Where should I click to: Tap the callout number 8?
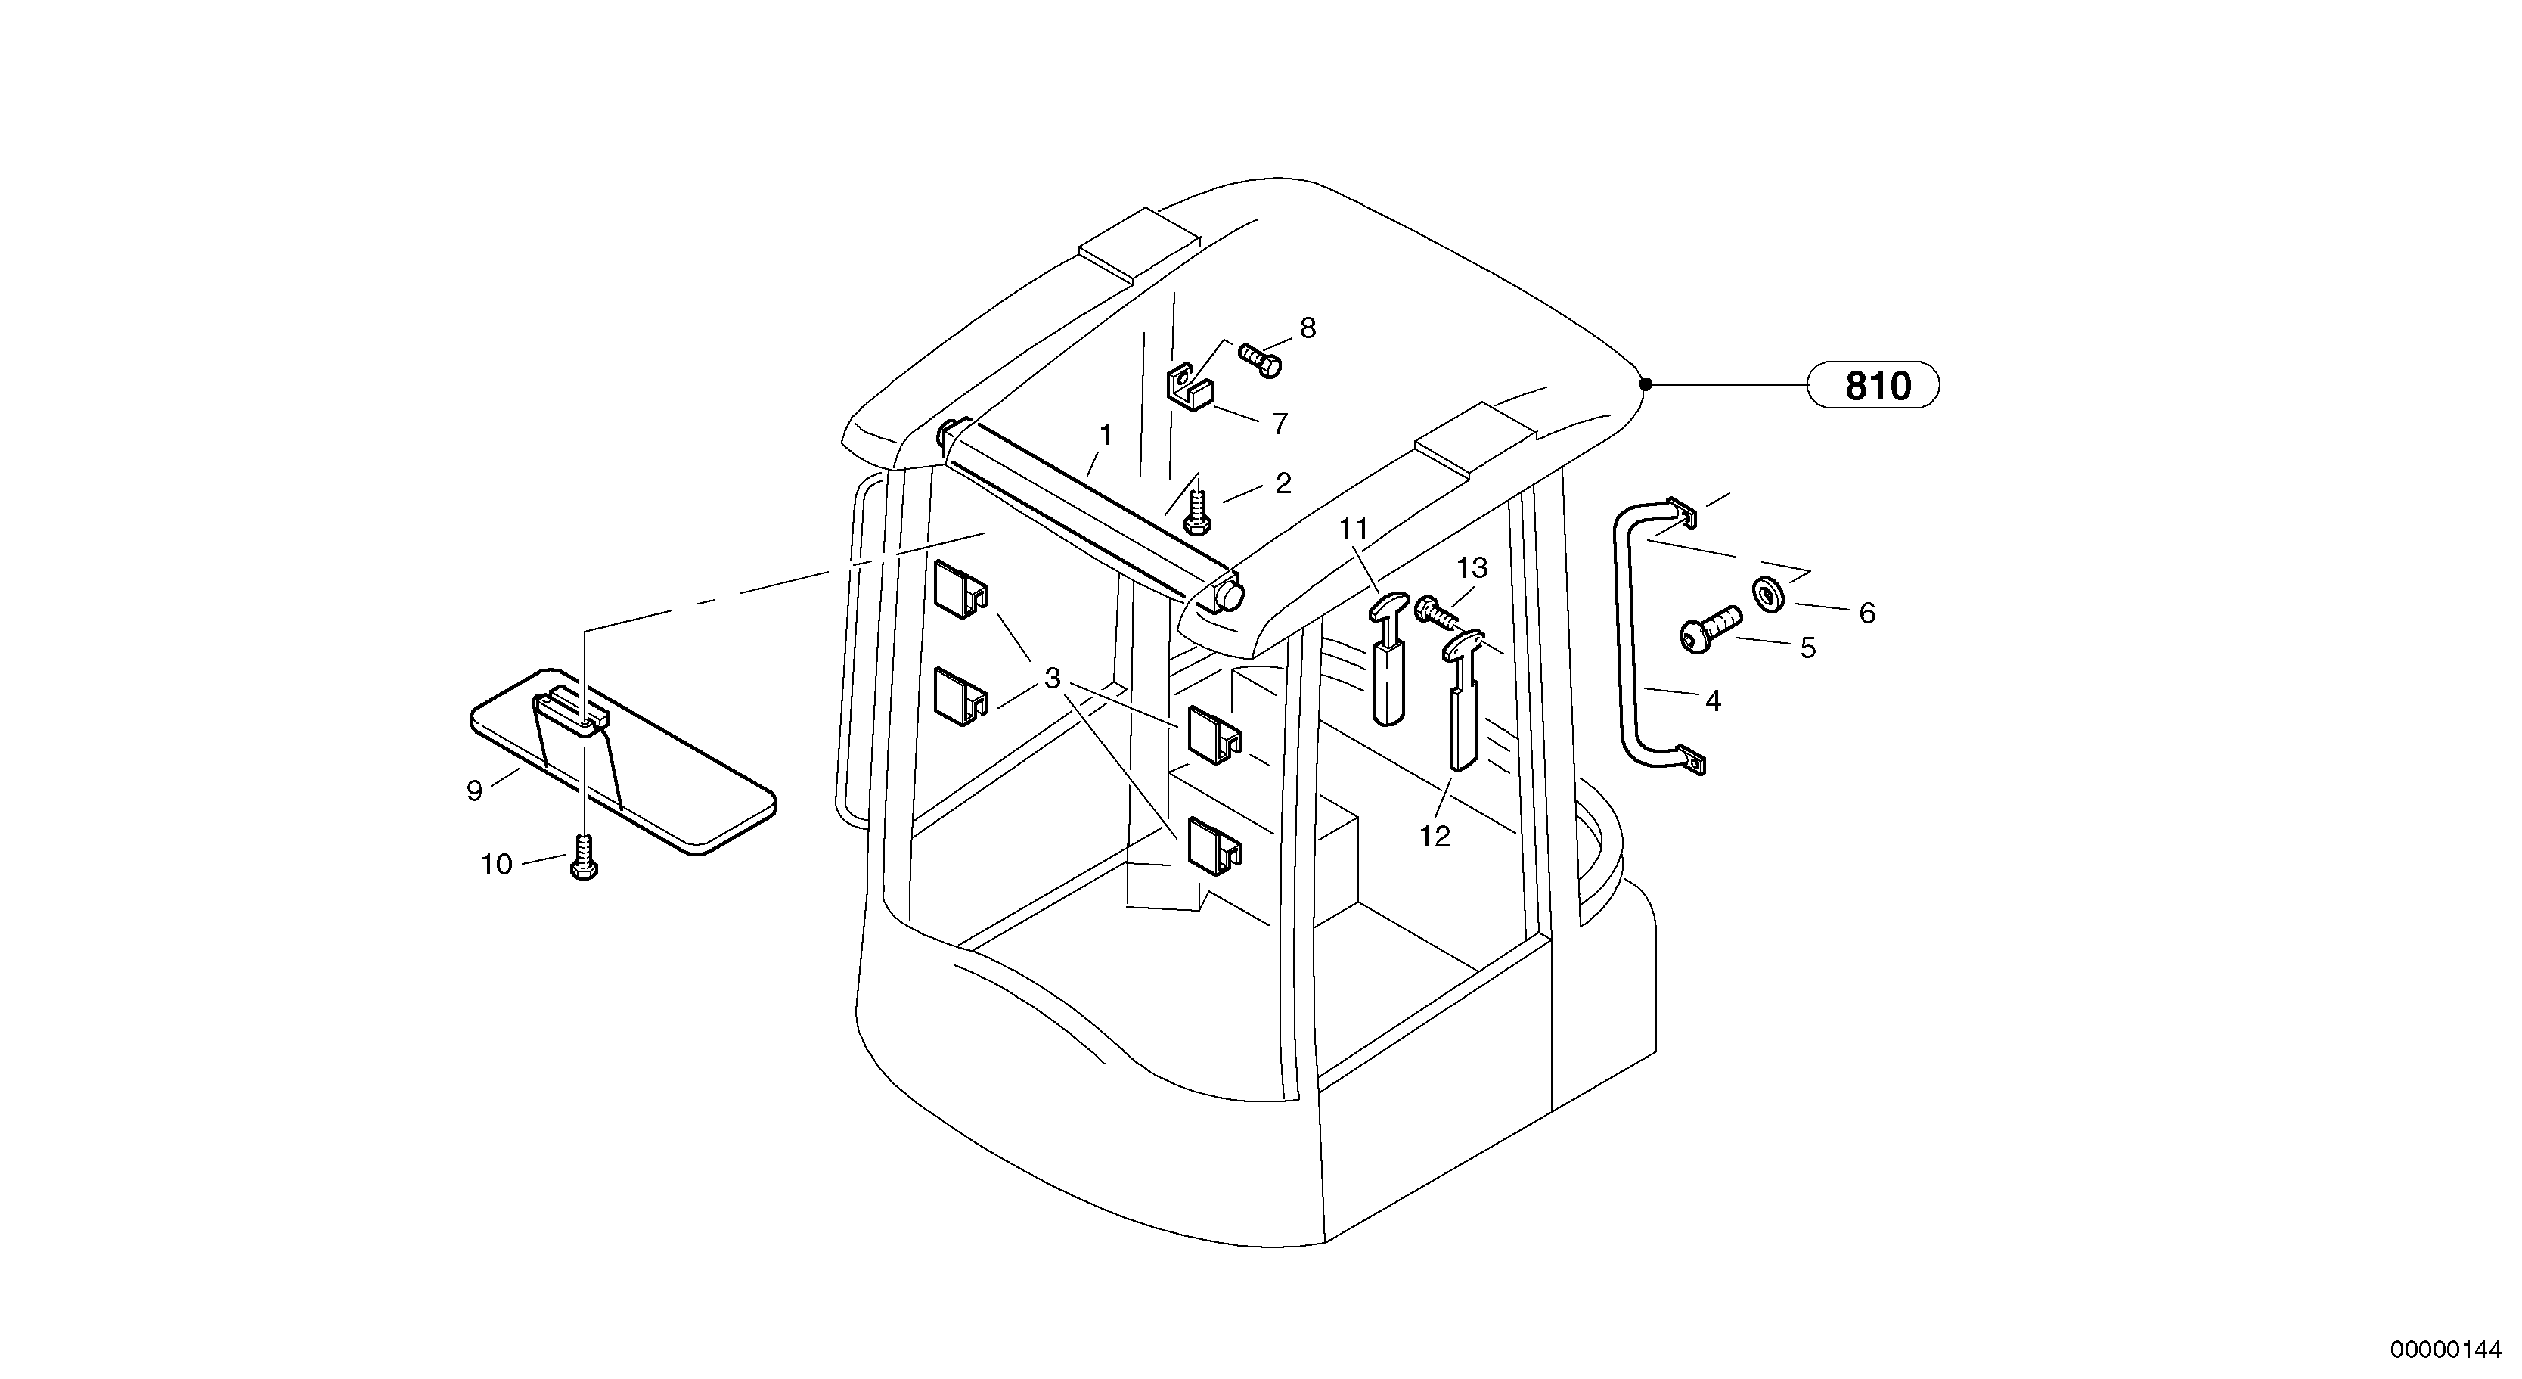pyautogui.click(x=1308, y=328)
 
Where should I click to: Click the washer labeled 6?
pyautogui.click(x=1768, y=594)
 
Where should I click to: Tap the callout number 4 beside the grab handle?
pyautogui.click(x=1712, y=700)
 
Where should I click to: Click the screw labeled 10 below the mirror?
pyautogui.click(x=584, y=857)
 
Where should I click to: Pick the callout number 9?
pyautogui.click(x=475, y=790)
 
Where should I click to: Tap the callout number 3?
pyautogui.click(x=1053, y=678)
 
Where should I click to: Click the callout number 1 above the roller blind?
pyautogui.click(x=1106, y=435)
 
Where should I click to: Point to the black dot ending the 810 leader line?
pyautogui.click(x=1646, y=384)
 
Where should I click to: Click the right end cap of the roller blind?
pyautogui.click(x=1226, y=595)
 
